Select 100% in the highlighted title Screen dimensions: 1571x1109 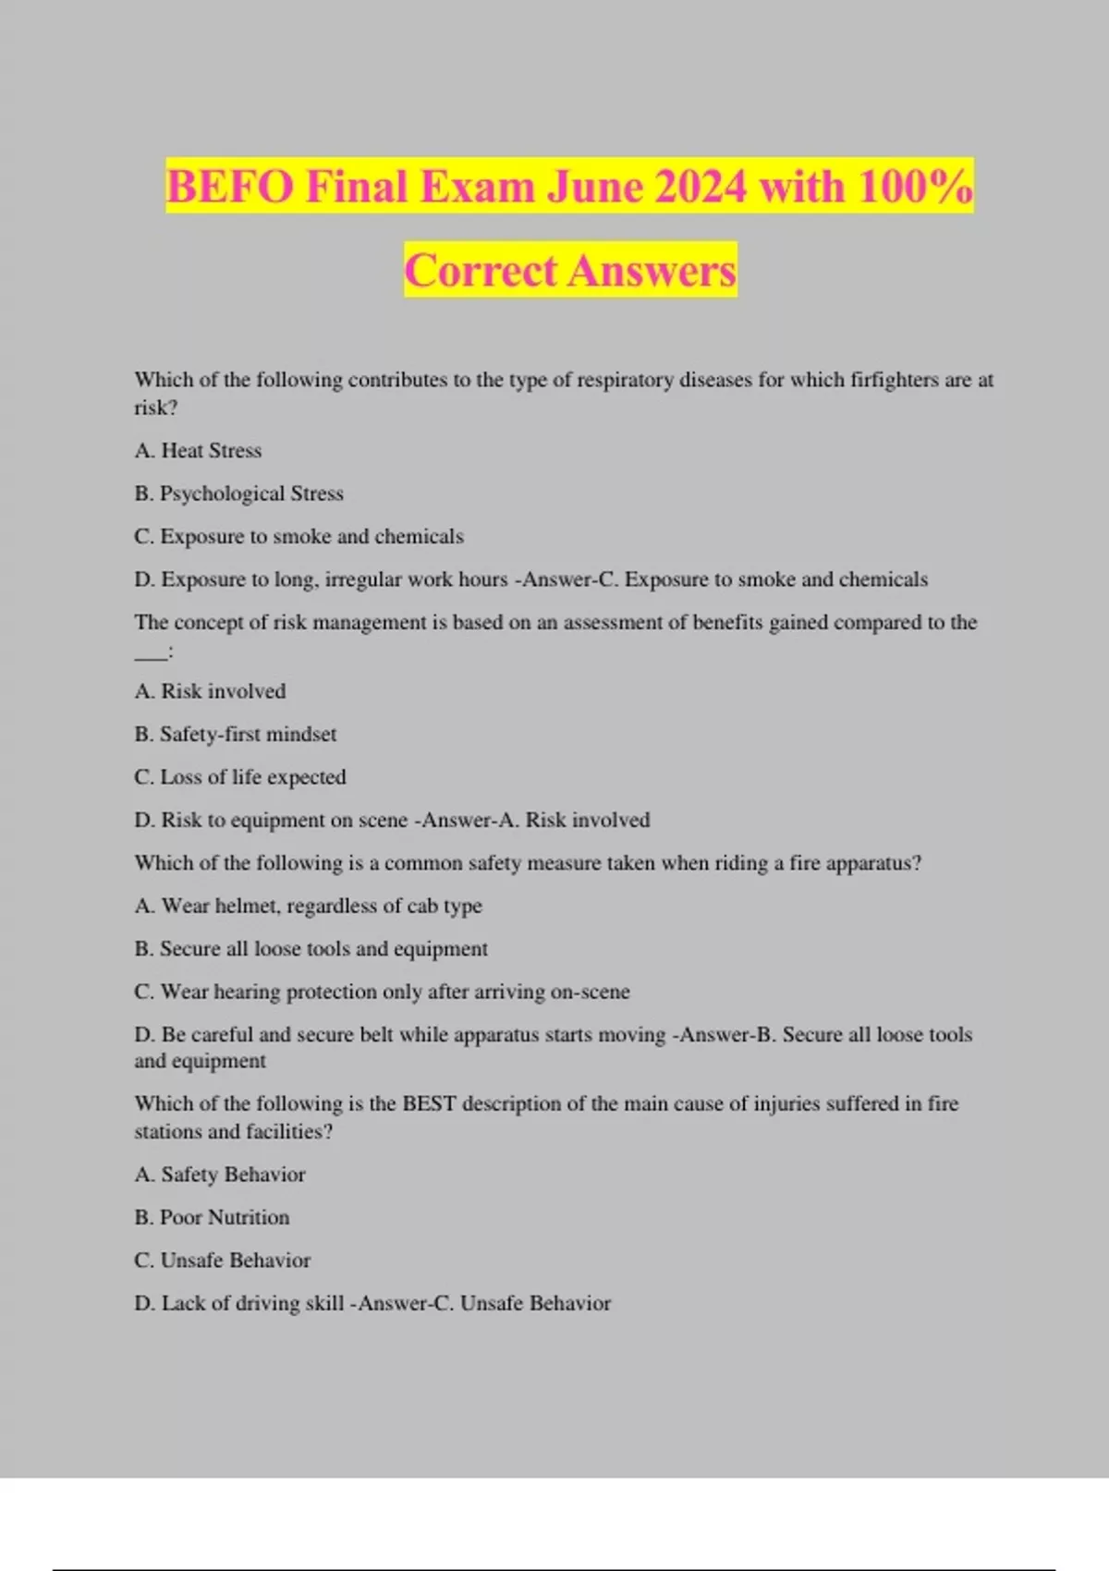(x=915, y=187)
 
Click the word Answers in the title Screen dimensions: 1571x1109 (x=652, y=271)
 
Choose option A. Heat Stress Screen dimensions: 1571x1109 (x=198, y=451)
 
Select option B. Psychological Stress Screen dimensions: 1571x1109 (x=238, y=493)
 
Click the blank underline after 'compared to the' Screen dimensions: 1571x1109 (x=152, y=652)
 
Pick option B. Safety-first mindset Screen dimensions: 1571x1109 (x=235, y=735)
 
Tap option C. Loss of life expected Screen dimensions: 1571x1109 (x=239, y=777)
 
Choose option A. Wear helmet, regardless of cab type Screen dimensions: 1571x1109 (x=308, y=906)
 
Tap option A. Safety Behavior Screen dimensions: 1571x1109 (x=219, y=1175)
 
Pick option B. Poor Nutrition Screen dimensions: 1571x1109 (x=212, y=1217)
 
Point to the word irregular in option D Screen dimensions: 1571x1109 (x=363, y=579)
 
